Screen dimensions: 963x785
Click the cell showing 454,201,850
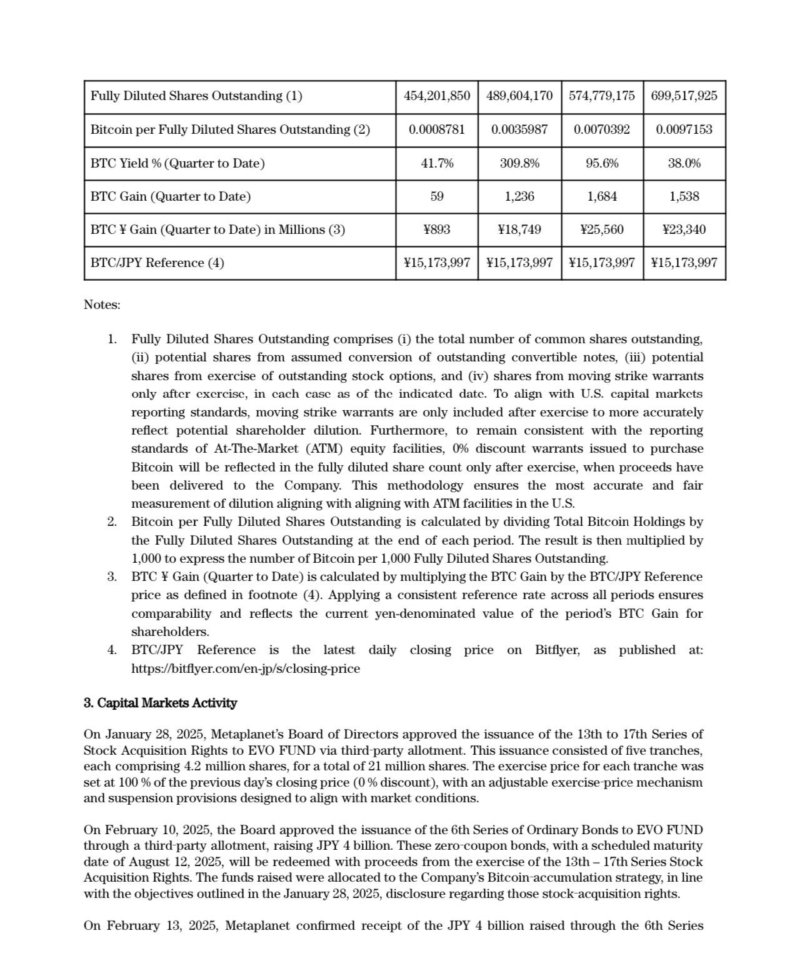click(x=437, y=96)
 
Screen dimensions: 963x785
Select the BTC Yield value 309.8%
click(x=519, y=163)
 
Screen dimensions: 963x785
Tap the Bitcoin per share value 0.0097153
click(x=684, y=129)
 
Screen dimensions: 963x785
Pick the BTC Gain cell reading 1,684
click(x=602, y=196)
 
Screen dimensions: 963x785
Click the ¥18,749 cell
click(x=519, y=229)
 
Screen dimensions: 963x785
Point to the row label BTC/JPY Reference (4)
click(x=157, y=263)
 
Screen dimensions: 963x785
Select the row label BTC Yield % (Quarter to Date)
click(x=177, y=163)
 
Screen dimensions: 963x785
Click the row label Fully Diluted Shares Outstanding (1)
click(x=196, y=96)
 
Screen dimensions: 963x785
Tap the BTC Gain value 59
click(x=437, y=196)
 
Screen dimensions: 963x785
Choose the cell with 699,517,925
click(x=684, y=96)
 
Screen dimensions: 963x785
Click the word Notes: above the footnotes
click(x=102, y=305)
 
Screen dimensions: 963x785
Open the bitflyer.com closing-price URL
click(x=245, y=668)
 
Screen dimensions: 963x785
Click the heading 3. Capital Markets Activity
click(x=160, y=703)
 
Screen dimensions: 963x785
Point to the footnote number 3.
click(x=111, y=577)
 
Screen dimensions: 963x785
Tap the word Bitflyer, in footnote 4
click(x=557, y=650)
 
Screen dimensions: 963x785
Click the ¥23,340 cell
click(x=684, y=229)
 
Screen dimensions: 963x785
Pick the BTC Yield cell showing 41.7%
click(x=437, y=163)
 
